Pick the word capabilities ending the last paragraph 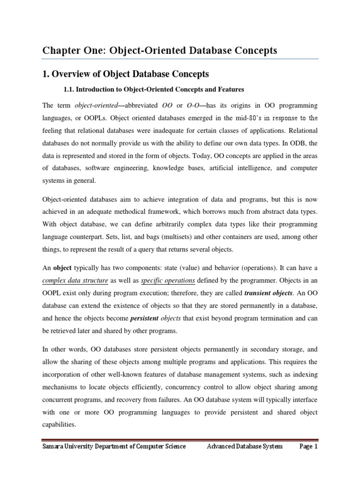60,425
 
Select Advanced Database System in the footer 245,447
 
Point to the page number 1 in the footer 316,447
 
